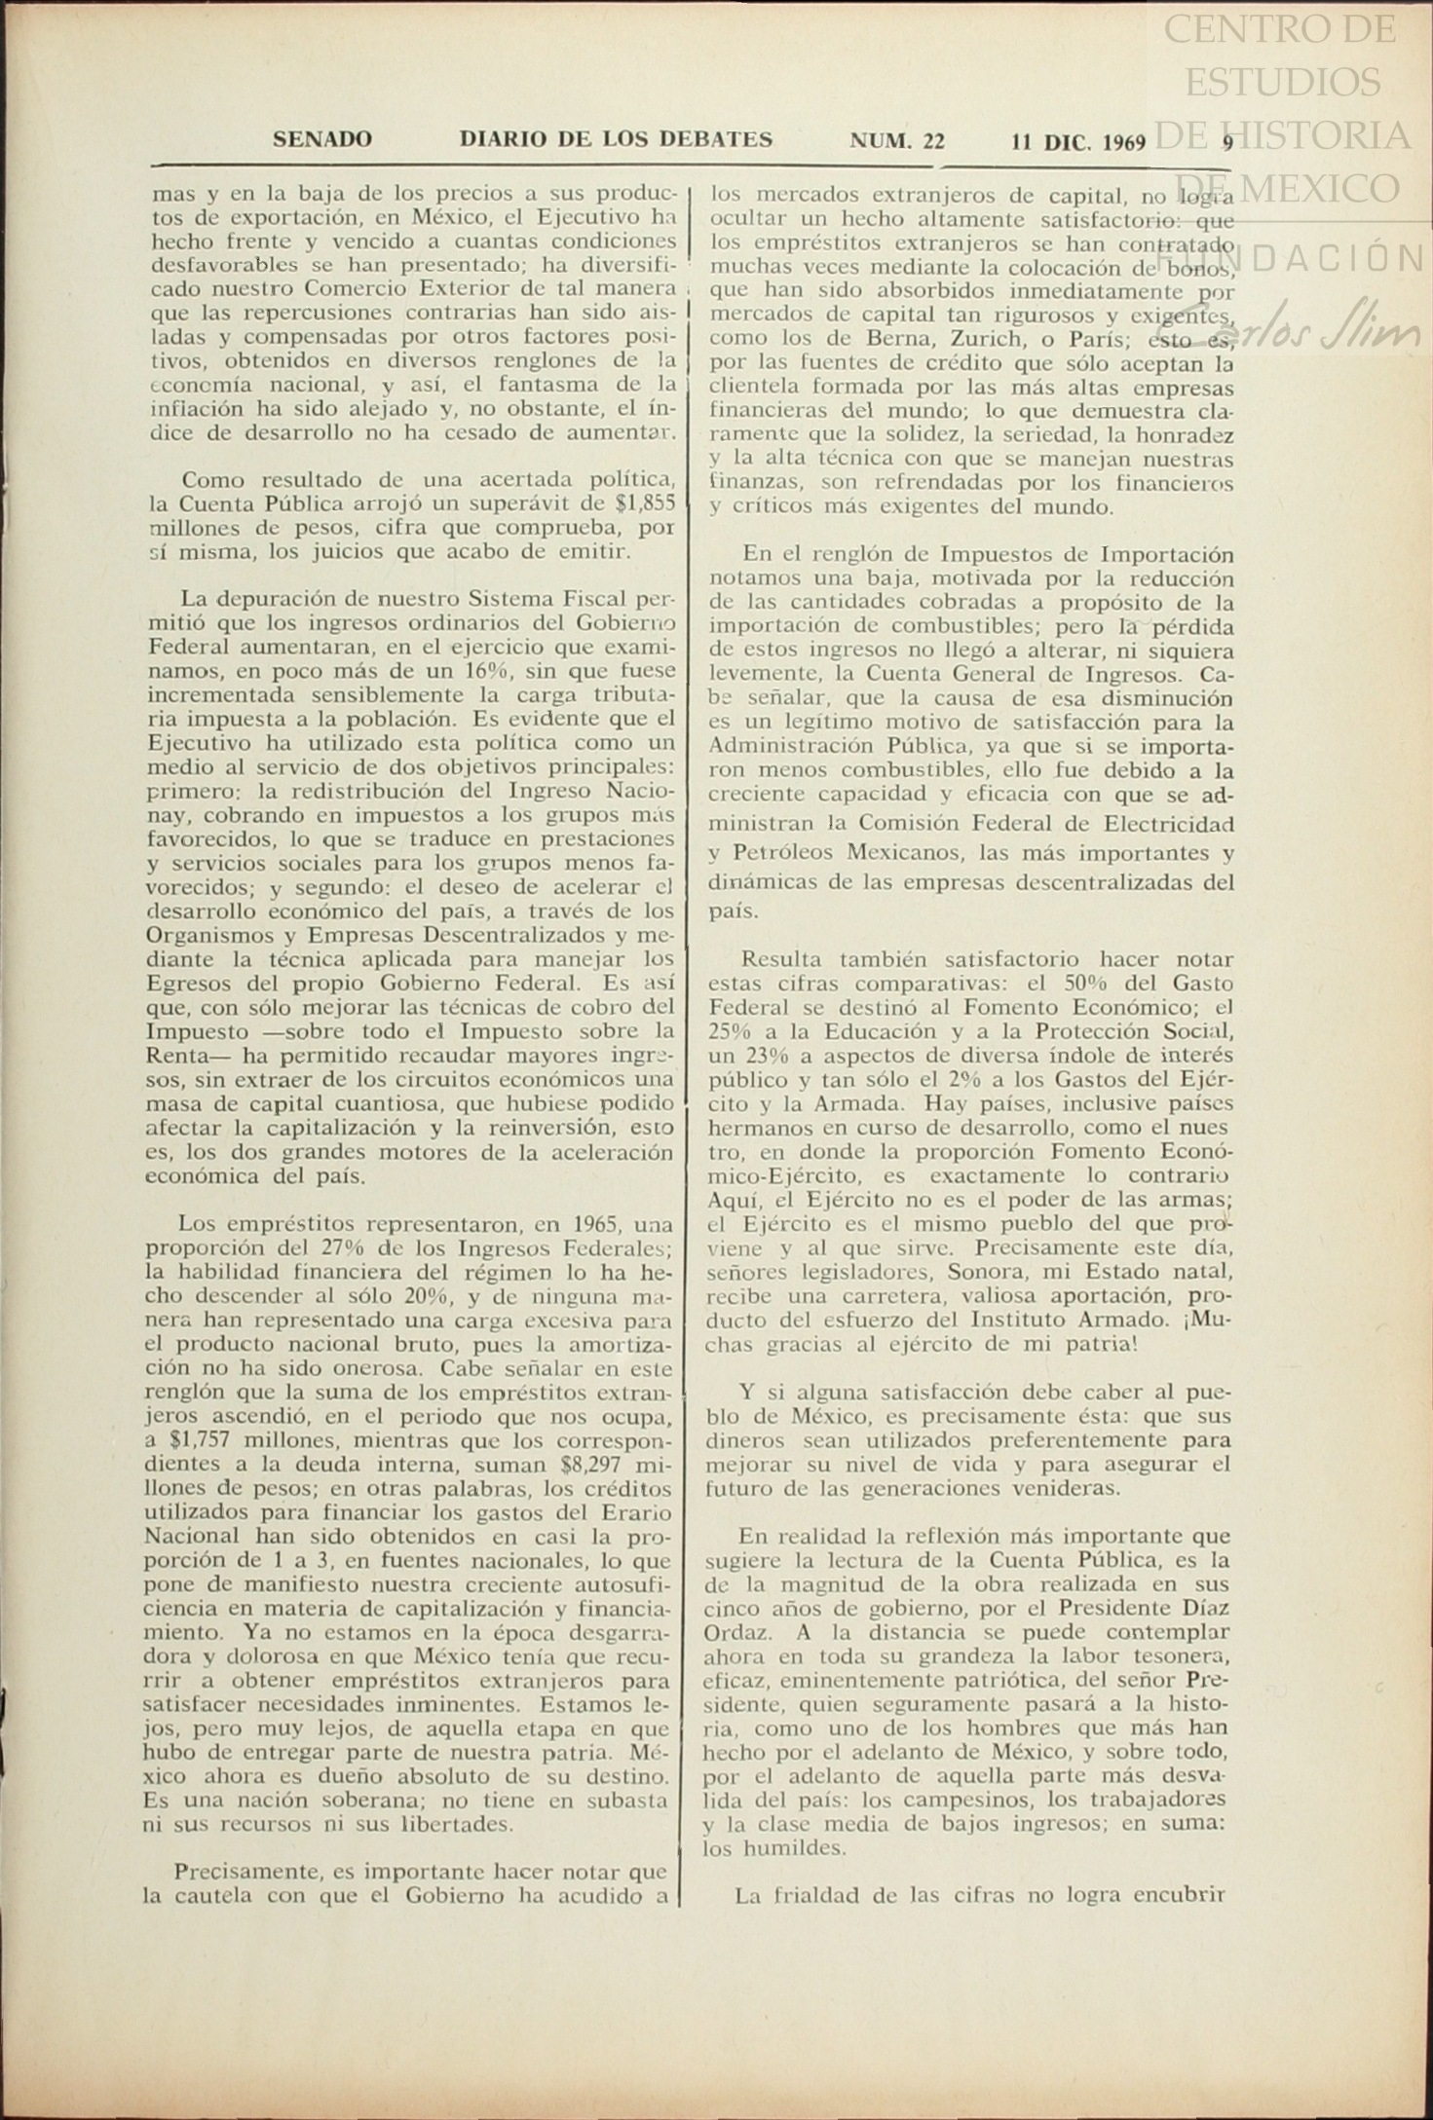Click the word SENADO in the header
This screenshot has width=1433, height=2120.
(x=321, y=139)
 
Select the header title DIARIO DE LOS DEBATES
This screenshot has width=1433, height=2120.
(x=616, y=139)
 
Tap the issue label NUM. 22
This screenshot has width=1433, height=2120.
(x=897, y=141)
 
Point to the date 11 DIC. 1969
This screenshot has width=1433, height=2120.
(x=1078, y=143)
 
